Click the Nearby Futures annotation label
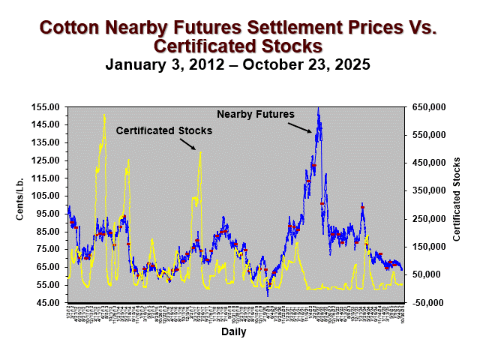[x=256, y=114]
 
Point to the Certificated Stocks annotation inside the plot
[x=163, y=130]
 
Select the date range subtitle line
[x=238, y=64]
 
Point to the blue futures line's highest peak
[x=319, y=108]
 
